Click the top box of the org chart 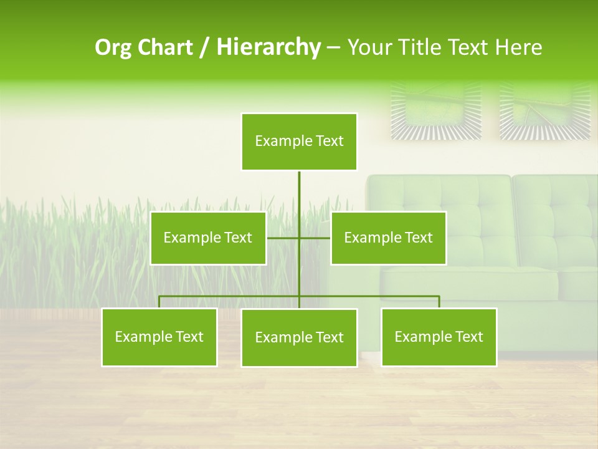pyautogui.click(x=299, y=142)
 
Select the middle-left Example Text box pyautogui.click(x=208, y=238)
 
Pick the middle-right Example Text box pyautogui.click(x=388, y=238)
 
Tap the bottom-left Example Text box pyautogui.click(x=159, y=337)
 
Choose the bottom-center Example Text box pyautogui.click(x=299, y=337)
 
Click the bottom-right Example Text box pyautogui.click(x=439, y=337)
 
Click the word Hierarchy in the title pyautogui.click(x=268, y=47)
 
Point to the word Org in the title pyautogui.click(x=113, y=47)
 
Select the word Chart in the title pyautogui.click(x=164, y=47)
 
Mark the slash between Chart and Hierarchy pyautogui.click(x=204, y=47)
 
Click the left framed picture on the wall pyautogui.click(x=436, y=111)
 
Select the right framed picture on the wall pyautogui.click(x=544, y=111)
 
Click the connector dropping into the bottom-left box pyautogui.click(x=159, y=302)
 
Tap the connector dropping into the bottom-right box pyautogui.click(x=439, y=302)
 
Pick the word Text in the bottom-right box pyautogui.click(x=468, y=337)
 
